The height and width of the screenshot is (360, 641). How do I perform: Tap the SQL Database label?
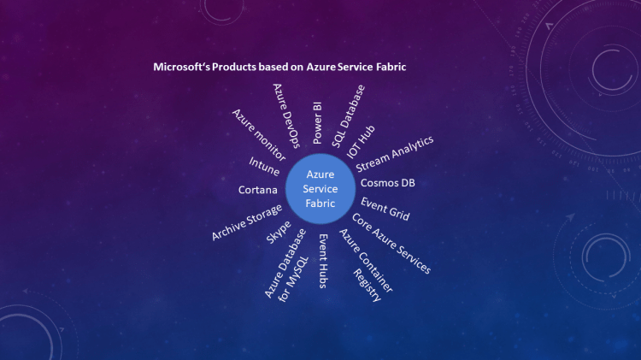pyautogui.click(x=348, y=116)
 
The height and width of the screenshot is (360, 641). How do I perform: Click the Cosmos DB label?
pyautogui.click(x=388, y=183)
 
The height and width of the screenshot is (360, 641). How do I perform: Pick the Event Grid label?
pyautogui.click(x=385, y=209)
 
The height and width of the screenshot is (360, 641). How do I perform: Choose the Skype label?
pyautogui.click(x=279, y=231)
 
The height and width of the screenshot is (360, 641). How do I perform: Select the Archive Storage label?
pyautogui.click(x=247, y=222)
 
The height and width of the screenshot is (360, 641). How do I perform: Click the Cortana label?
pyautogui.click(x=258, y=189)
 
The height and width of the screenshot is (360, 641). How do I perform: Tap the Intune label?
pyautogui.click(x=264, y=166)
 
